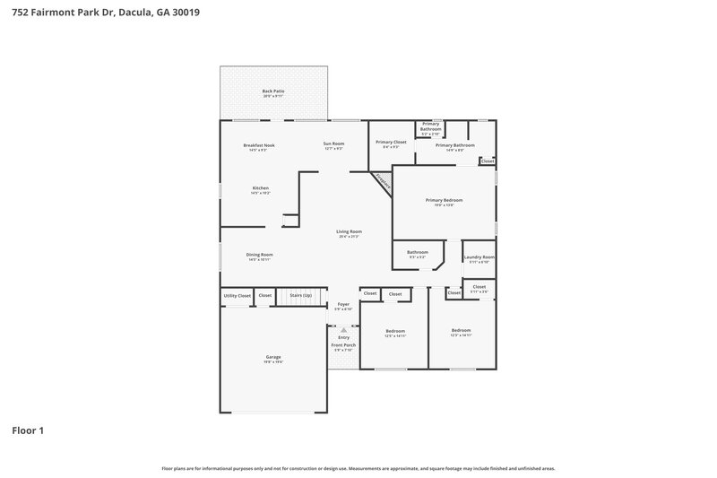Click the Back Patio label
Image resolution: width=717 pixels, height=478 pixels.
tap(273, 91)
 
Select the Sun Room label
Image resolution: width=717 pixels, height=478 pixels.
tap(333, 143)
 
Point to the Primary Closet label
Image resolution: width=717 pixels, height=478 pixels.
tap(391, 142)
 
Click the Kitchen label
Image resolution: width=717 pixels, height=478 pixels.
tap(260, 188)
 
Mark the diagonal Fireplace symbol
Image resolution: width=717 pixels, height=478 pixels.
tap(384, 182)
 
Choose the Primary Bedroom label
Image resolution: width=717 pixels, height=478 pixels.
tap(444, 200)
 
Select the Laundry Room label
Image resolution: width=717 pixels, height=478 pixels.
tap(479, 257)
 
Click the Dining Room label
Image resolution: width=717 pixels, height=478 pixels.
tap(259, 255)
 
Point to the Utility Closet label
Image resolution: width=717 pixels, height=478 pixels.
tap(237, 295)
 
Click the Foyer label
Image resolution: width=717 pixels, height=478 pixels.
tap(343, 304)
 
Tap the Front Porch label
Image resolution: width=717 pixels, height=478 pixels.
tap(343, 345)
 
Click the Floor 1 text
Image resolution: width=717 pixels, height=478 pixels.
tap(28, 430)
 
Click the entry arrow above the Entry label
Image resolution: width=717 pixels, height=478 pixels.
tap(343, 329)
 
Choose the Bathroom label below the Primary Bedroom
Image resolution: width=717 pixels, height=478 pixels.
tap(417, 252)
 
